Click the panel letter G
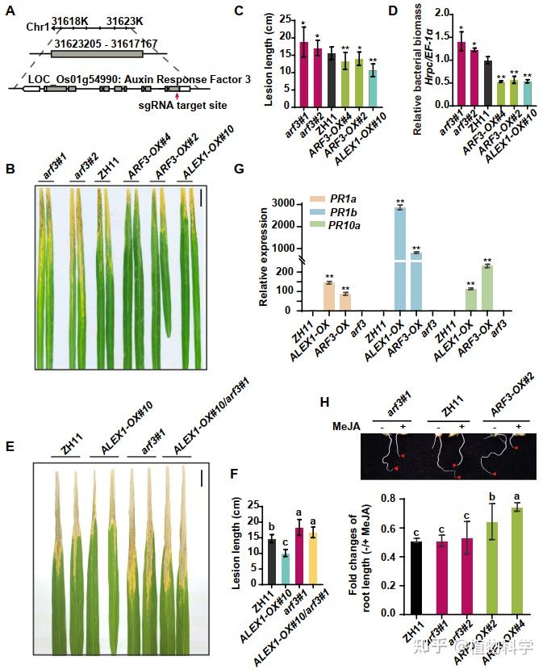(260, 169)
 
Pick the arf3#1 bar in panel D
(461, 73)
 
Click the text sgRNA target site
(181, 105)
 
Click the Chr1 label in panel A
(37, 27)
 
